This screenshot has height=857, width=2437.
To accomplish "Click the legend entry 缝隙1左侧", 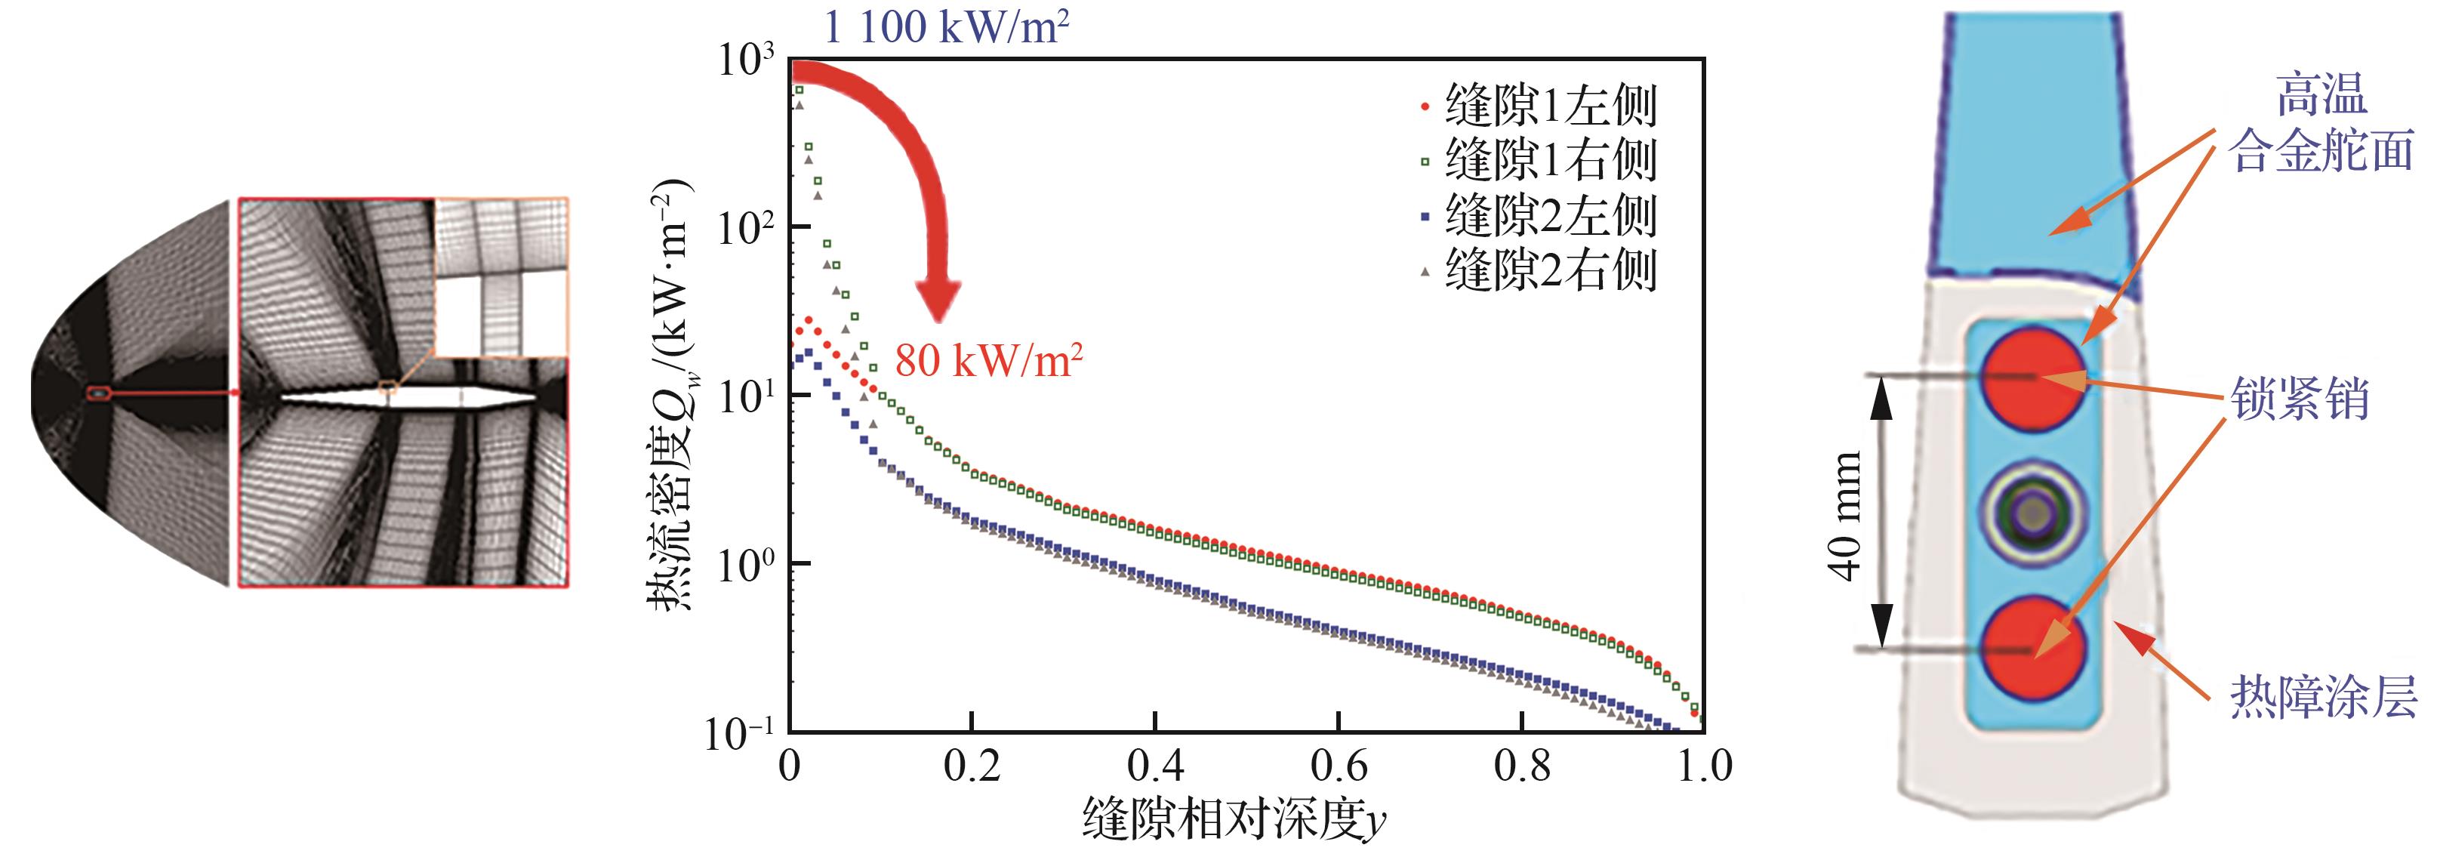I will (1550, 106).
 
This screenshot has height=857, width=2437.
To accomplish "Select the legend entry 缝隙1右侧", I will (1550, 160).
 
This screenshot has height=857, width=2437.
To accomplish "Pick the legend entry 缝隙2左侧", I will (1550, 216).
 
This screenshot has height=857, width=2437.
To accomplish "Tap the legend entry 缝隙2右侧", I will (1550, 270).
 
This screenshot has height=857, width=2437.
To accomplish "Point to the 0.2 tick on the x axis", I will (972, 765).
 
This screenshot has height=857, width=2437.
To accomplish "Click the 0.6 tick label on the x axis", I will (1338, 765).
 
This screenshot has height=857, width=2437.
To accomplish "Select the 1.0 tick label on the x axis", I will (1704, 765).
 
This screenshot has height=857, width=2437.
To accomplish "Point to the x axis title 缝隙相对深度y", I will (1234, 818).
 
